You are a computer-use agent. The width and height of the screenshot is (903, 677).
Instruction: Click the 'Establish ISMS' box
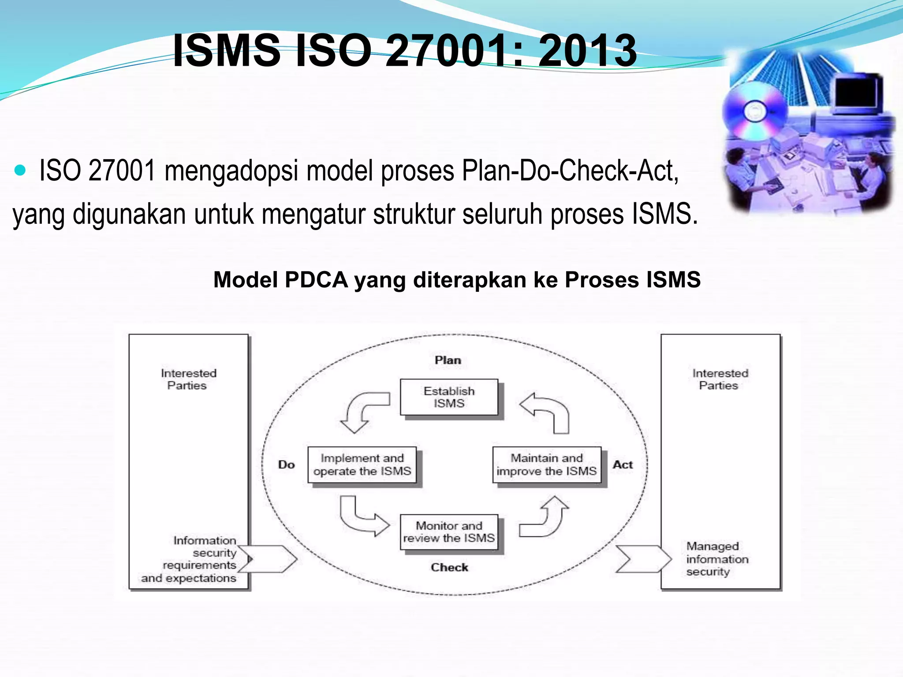(449, 397)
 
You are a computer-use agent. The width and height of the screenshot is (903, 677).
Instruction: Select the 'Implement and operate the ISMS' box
(362, 465)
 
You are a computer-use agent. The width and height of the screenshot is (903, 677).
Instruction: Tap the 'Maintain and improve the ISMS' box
(547, 465)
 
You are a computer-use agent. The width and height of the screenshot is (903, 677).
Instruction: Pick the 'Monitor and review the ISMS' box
(449, 532)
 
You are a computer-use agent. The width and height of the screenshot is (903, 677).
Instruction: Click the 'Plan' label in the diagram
(448, 360)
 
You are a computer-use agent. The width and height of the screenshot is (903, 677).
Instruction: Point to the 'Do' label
(287, 465)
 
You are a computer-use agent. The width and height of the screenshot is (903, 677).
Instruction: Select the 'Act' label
(623, 465)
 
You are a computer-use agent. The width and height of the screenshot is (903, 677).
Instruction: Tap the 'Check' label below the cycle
(449, 567)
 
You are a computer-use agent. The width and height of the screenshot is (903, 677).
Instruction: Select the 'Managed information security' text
(717, 559)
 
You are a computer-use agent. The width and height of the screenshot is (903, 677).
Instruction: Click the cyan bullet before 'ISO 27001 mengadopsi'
(20, 170)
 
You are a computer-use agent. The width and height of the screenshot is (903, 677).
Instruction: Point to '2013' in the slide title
(587, 51)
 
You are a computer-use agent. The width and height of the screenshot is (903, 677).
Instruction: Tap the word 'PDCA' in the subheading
(316, 280)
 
